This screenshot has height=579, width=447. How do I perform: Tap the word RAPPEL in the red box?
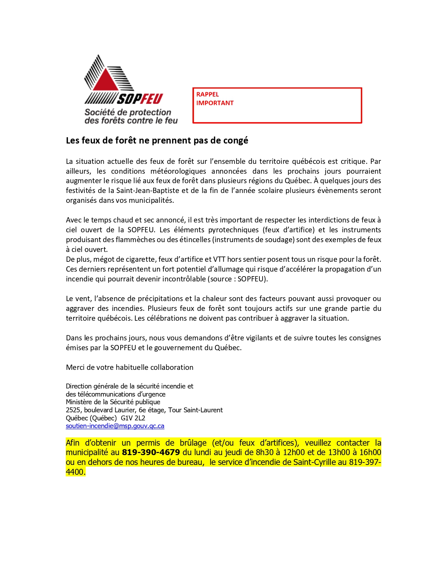(x=208, y=94)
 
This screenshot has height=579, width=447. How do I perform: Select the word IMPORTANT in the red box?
(x=215, y=103)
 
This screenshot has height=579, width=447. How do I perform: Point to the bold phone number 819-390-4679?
(x=151, y=452)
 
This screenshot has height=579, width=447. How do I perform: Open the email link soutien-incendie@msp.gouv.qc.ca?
(x=115, y=426)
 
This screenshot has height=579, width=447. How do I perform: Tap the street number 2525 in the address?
(x=73, y=410)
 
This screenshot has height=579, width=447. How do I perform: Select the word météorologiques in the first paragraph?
(x=178, y=171)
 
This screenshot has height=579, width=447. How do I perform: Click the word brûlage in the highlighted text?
(x=193, y=443)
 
